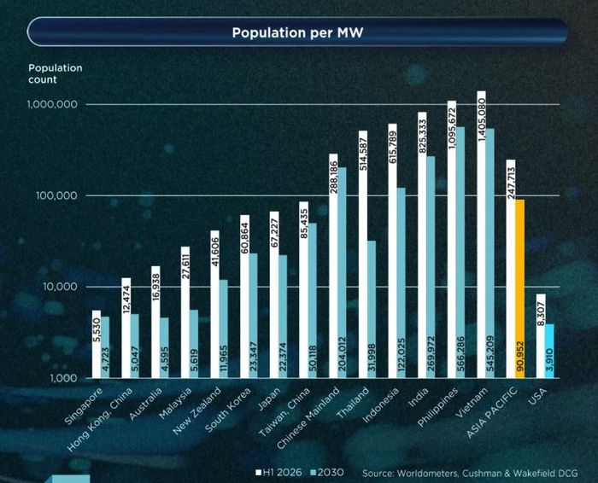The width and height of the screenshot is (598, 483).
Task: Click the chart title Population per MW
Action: coord(297,32)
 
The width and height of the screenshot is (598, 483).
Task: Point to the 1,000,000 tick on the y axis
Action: coord(52,104)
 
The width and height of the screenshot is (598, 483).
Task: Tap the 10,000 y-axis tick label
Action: coord(60,287)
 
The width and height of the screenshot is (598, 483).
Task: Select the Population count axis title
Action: coord(56,74)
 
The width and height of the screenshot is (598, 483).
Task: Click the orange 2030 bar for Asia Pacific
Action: coord(519,288)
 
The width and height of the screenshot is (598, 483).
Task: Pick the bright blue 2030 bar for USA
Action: coord(549,352)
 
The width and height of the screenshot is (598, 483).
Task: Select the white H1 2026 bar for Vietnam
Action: coord(481,235)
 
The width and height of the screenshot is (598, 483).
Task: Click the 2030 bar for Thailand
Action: coord(371,309)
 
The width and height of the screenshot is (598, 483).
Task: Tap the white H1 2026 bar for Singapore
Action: coord(97,345)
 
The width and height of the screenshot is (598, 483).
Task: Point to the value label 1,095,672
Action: coord(452,128)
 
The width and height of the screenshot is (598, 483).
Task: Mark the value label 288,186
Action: coord(334,177)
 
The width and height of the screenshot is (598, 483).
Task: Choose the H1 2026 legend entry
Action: coord(278,473)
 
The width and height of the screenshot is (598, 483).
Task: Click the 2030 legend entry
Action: coord(327,473)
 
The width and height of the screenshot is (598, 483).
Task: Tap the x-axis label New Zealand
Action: coord(196,411)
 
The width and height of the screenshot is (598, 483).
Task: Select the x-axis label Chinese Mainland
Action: coord(308,418)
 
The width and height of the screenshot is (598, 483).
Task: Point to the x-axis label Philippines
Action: coord(437,407)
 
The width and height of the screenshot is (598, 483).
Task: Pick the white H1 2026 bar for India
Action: coord(422,245)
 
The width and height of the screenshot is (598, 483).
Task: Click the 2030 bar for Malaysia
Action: coord(194,344)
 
